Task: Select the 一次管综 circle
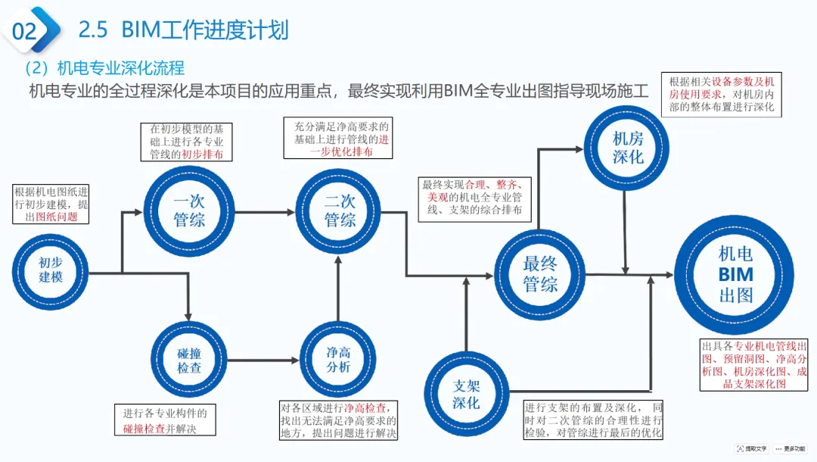[189, 211]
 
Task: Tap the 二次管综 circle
[340, 211]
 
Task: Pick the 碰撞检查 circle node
[189, 359]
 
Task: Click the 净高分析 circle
[338, 359]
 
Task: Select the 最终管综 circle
[540, 273]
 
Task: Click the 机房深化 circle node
[627, 148]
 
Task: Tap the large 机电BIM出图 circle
[735, 274]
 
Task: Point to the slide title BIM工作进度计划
[184, 30]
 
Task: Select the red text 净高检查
[370, 407]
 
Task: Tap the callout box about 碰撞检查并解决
[165, 420]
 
